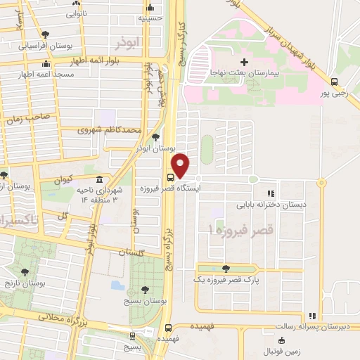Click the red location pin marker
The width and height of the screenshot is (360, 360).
click(181, 165)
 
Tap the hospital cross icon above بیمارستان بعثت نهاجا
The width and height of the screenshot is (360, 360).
click(244, 63)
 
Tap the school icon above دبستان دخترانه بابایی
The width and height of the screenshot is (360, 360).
click(270, 193)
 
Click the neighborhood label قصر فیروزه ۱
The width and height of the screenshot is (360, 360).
click(242, 230)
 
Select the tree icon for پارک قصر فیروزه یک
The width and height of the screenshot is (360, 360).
click(224, 269)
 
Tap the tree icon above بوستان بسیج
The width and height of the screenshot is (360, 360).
click(145, 289)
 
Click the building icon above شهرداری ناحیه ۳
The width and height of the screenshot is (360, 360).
click(100, 180)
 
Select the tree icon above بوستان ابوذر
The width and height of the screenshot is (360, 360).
click(155, 138)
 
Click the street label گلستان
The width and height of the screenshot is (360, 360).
click(131, 251)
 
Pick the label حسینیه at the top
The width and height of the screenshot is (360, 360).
click(151, 18)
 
